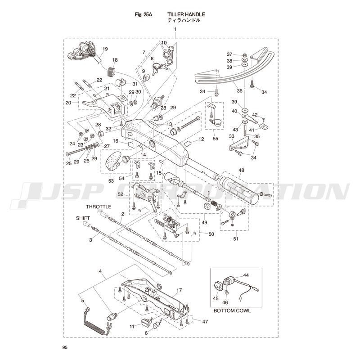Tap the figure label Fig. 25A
(x=144, y=14)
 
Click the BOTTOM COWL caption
(x=232, y=311)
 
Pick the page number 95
(x=65, y=347)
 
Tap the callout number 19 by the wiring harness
(x=105, y=49)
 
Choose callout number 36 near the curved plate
(x=240, y=90)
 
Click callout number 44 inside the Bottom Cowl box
(x=246, y=274)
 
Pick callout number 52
(x=121, y=194)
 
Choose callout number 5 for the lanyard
(x=82, y=300)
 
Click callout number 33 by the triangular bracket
(x=231, y=136)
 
